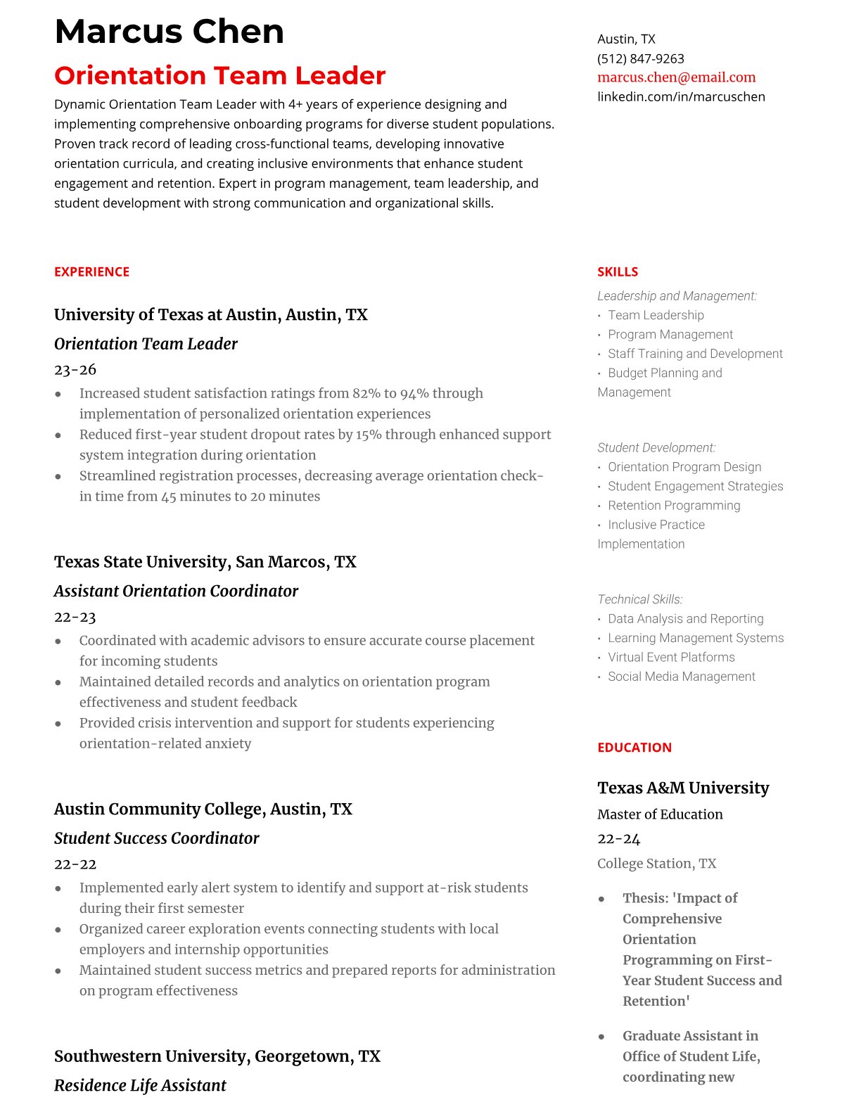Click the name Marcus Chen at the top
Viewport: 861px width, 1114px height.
(x=169, y=32)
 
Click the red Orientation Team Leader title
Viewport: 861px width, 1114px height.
(x=219, y=75)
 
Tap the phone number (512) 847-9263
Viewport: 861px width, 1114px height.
(x=640, y=58)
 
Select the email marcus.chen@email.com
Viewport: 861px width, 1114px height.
(x=676, y=77)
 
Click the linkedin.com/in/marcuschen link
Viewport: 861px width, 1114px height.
(x=681, y=96)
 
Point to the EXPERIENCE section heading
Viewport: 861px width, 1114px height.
(x=91, y=271)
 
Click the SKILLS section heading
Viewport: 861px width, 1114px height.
(x=618, y=271)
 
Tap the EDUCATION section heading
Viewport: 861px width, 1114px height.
(x=634, y=748)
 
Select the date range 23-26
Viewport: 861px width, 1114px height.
(x=75, y=369)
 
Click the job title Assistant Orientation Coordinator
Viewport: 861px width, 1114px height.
(x=176, y=591)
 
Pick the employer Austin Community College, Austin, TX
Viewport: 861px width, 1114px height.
(x=203, y=809)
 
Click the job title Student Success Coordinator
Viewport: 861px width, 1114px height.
(x=156, y=838)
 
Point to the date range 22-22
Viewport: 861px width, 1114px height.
(x=75, y=864)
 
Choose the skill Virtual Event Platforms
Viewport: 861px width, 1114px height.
(x=671, y=657)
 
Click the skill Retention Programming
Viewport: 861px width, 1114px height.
(x=674, y=505)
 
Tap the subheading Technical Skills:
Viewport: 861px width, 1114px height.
(x=639, y=599)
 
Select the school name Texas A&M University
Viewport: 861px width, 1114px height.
(x=683, y=788)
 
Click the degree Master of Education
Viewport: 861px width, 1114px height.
(x=660, y=814)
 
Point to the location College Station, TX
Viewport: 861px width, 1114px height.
(x=656, y=863)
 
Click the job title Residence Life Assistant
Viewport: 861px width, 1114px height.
(x=140, y=1085)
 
